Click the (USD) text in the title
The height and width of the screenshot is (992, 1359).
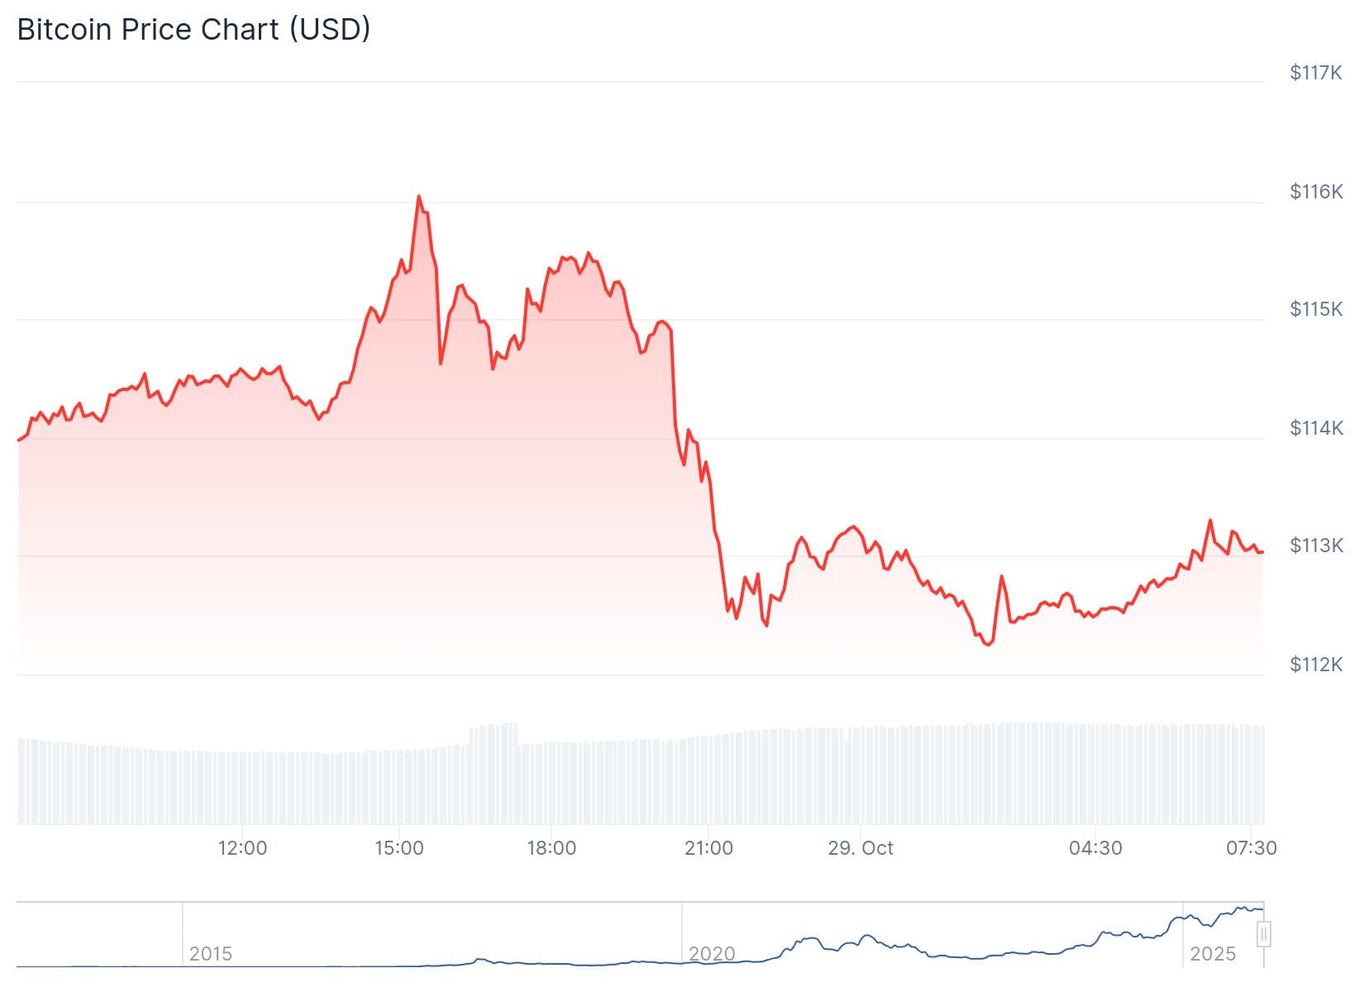pos(330,30)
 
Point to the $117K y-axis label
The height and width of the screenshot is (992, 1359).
pos(1316,74)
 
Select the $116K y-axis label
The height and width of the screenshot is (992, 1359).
pos(1316,193)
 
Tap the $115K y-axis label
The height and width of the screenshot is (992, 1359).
pos(1316,310)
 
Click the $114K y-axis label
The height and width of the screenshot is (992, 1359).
pos(1316,428)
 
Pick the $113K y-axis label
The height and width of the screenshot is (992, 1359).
pos(1316,546)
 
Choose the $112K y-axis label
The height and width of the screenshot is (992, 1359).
pos(1316,665)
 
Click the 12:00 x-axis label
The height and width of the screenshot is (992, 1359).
pos(242,848)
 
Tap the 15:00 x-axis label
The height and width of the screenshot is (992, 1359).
pos(399,848)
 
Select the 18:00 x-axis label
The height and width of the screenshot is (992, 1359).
pos(551,848)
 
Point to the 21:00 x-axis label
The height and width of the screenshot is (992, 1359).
pos(708,848)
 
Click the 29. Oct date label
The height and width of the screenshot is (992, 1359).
pos(861,848)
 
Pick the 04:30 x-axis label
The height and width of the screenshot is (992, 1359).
pos(1095,848)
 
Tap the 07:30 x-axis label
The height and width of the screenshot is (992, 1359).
pos(1252,848)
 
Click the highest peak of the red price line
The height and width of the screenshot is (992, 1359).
pos(419,197)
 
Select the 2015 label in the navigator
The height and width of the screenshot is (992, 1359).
pos(211,954)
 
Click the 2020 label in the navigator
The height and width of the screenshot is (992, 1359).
pos(712,954)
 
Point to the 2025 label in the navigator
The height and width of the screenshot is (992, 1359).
pos(1213,954)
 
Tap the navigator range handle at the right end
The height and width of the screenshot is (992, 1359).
pos(1263,935)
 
